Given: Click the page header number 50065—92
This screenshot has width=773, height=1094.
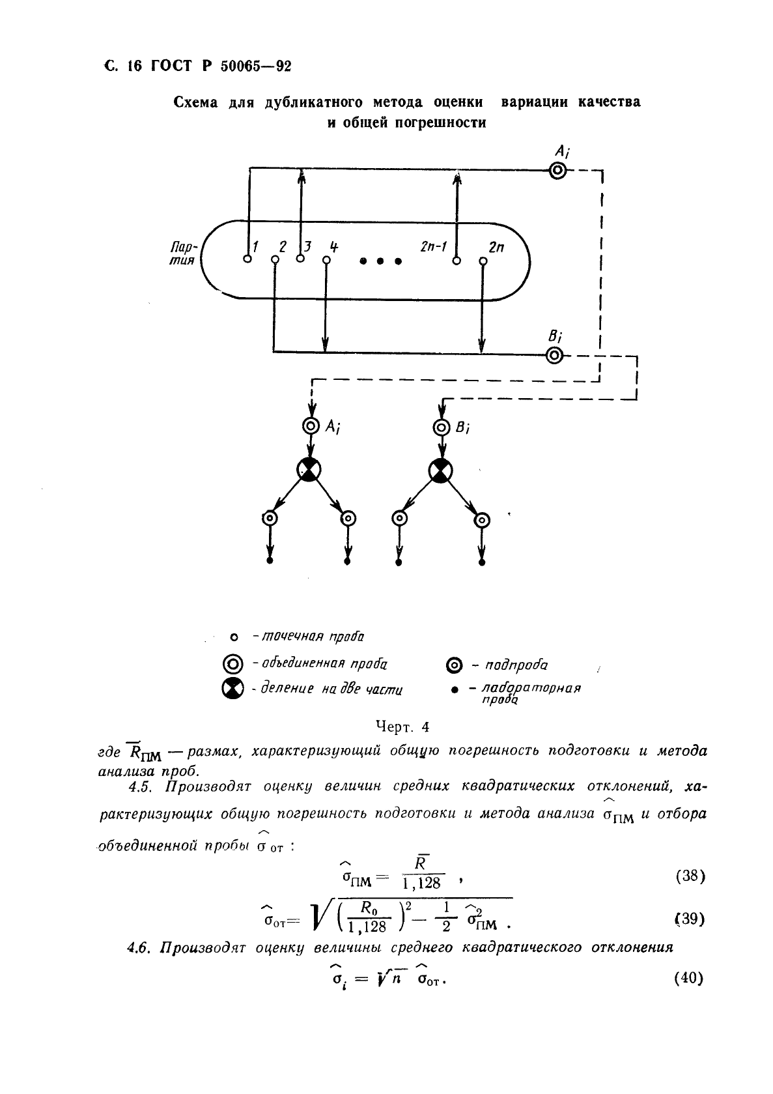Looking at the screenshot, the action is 256,65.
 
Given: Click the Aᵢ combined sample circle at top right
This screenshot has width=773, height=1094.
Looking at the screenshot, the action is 557,171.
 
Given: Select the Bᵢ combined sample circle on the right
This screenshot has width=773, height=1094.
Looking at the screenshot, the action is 554,355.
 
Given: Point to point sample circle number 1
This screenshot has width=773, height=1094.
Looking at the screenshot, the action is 247,259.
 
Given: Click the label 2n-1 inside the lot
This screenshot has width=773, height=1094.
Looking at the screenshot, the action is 434,247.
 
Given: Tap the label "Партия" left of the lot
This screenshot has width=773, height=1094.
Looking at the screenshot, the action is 183,253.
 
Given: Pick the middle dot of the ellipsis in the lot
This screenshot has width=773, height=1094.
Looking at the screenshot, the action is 380,261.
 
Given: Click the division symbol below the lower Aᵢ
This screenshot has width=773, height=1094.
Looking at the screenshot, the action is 309,470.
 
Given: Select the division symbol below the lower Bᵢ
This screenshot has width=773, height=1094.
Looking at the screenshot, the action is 440,471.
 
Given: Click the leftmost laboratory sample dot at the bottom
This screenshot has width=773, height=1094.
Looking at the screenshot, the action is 270,560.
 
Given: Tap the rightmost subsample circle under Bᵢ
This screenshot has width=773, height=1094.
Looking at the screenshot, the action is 482,520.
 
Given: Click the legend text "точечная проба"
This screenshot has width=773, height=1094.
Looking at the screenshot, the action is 313,637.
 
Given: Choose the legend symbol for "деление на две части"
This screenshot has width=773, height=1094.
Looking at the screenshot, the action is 232,689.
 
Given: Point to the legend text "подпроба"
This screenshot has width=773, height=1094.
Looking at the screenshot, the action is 516,665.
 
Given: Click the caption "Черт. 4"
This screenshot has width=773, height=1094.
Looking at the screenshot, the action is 402,727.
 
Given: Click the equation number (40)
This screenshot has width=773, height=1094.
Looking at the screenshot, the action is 689,978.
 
